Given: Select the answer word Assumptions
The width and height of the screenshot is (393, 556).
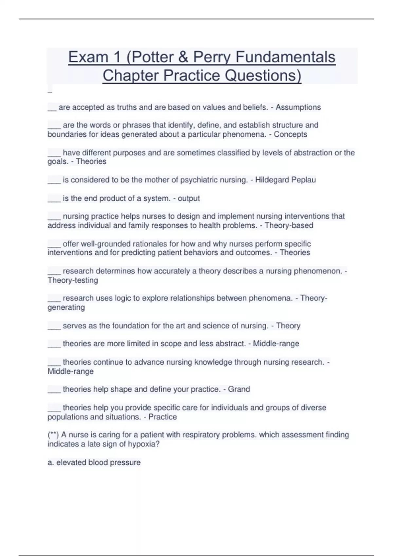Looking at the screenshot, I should pyautogui.click(x=298, y=107).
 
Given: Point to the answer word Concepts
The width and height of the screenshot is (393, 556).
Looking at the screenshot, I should pyautogui.click(x=290, y=134).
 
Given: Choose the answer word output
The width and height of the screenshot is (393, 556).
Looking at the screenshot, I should pyautogui.click(x=189, y=199).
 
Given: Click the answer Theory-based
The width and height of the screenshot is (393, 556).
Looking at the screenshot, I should pyautogui.click(x=289, y=225).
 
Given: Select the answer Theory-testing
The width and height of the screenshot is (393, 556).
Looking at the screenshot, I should pyautogui.click(x=73, y=280).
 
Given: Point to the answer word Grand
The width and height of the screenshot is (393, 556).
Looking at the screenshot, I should pyautogui.click(x=239, y=389).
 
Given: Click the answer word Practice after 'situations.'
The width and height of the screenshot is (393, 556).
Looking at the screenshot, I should pyautogui.click(x=162, y=417).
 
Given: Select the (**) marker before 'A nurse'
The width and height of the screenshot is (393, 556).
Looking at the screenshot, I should pyautogui.click(x=53, y=435).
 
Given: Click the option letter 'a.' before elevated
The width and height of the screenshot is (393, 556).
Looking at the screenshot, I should pyautogui.click(x=51, y=462).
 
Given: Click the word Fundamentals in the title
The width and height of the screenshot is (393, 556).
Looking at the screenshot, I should pyautogui.click(x=285, y=57).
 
